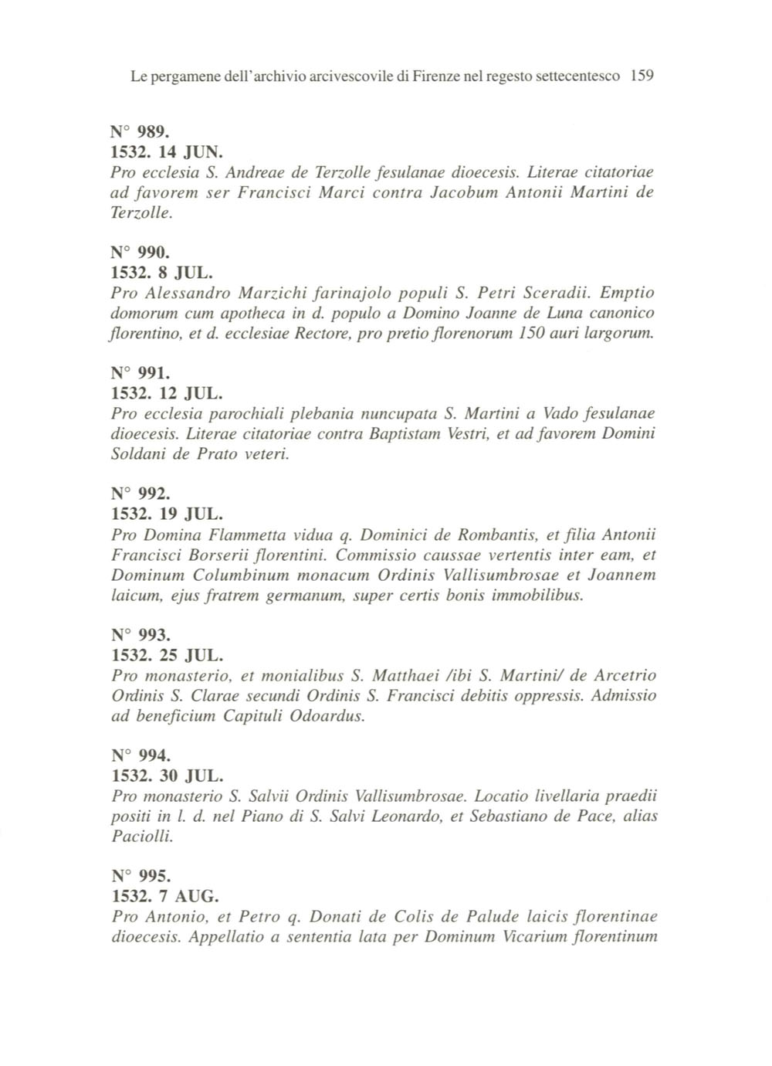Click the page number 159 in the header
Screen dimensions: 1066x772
pos(642,76)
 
